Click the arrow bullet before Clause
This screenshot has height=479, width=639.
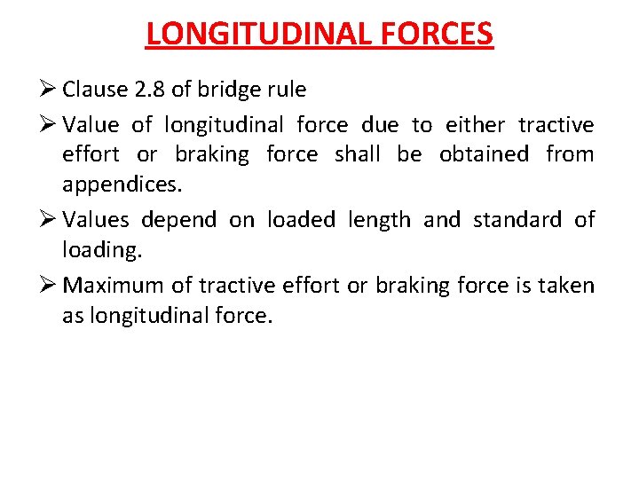[x=51, y=90]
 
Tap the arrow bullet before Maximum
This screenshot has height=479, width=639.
[x=51, y=285]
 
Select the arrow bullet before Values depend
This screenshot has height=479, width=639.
[x=51, y=219]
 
